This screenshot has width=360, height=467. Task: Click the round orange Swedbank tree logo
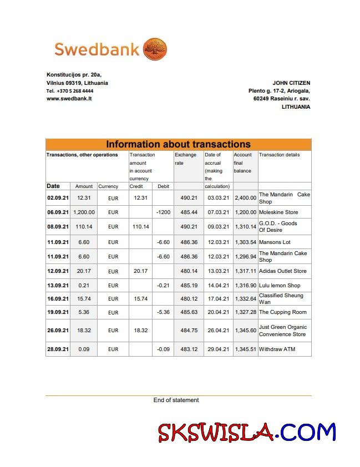[x=156, y=49]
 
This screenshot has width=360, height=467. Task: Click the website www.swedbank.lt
[x=69, y=98]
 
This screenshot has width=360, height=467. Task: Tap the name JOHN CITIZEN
[x=291, y=83]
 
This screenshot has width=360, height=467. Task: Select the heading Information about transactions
[x=178, y=144]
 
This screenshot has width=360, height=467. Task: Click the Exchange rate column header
[x=185, y=159]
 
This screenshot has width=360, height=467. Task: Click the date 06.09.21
[x=58, y=212]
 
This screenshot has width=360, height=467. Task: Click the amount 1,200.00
[x=84, y=212]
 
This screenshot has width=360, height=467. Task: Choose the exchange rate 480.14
[x=189, y=271]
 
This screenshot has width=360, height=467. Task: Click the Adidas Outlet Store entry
[x=283, y=271]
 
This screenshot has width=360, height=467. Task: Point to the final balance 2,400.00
[x=245, y=198]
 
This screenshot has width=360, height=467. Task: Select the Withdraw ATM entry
[x=277, y=349]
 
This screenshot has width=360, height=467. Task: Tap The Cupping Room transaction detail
[x=283, y=312]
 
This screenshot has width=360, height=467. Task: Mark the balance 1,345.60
[x=245, y=331]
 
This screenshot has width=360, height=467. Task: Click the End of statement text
[x=176, y=400]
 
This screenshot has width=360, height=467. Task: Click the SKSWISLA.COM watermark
[x=247, y=433]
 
